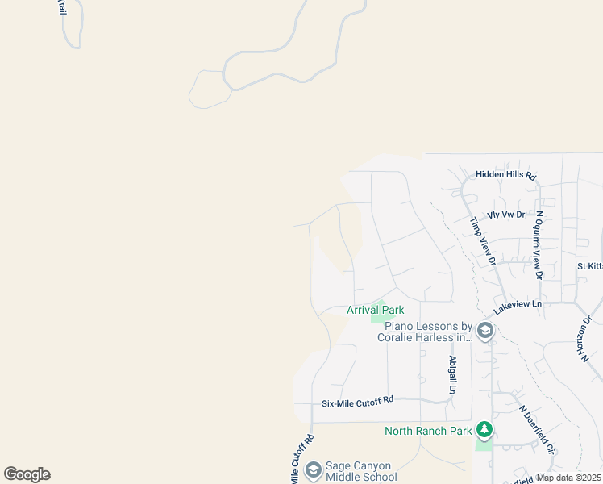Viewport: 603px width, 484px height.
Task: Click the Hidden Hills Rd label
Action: click(x=505, y=174)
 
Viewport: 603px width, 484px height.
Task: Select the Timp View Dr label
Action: click(x=482, y=240)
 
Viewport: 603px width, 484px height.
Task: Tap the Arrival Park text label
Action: click(x=375, y=310)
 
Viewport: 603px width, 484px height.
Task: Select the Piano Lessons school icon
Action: click(x=484, y=331)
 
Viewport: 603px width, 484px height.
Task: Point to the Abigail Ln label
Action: click(x=453, y=375)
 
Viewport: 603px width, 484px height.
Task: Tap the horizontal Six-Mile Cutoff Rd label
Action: click(x=357, y=400)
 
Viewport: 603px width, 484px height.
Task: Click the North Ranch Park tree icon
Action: click(x=484, y=429)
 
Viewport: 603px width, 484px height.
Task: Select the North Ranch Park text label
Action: click(x=428, y=431)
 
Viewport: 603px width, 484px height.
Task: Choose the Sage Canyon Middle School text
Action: click(x=360, y=471)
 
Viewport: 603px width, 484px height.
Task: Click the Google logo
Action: click(x=27, y=474)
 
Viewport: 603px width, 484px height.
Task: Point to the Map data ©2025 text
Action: click(x=568, y=478)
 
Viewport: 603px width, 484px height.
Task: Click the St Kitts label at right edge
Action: click(x=589, y=265)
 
